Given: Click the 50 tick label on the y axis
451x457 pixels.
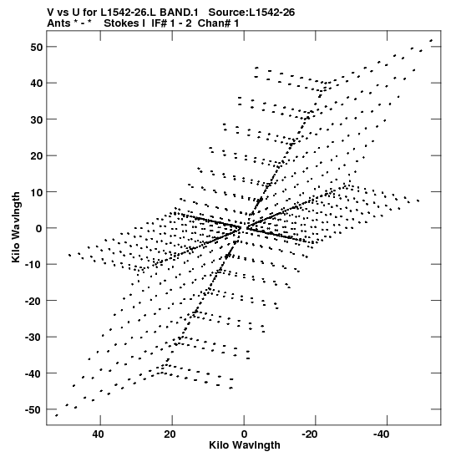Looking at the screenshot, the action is (37, 47).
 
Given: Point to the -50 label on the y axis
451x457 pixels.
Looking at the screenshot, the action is (34, 409).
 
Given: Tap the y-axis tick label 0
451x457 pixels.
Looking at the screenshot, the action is (39, 228).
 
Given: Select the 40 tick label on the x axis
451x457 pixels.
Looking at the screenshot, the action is (98, 434).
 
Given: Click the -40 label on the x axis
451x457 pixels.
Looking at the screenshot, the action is (382, 434).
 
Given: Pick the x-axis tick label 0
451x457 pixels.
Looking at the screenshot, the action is (244, 434).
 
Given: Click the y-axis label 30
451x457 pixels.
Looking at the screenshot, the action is (37, 119).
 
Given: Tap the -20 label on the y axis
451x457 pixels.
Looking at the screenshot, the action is (34, 301).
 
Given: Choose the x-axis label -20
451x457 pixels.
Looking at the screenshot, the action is (310, 434).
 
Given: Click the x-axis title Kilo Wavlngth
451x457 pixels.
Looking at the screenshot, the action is (245, 445).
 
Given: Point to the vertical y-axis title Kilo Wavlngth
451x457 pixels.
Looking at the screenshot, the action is (16, 227).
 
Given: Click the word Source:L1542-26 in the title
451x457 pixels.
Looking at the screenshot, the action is (251, 13).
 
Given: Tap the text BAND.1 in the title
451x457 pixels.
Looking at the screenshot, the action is (179, 13).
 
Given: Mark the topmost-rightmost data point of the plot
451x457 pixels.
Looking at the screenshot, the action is (431, 40).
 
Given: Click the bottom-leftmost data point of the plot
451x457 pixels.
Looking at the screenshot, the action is (57, 415).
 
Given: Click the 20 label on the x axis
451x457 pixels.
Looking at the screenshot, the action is (170, 434).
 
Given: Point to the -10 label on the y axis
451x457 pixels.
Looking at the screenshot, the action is (34, 265).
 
